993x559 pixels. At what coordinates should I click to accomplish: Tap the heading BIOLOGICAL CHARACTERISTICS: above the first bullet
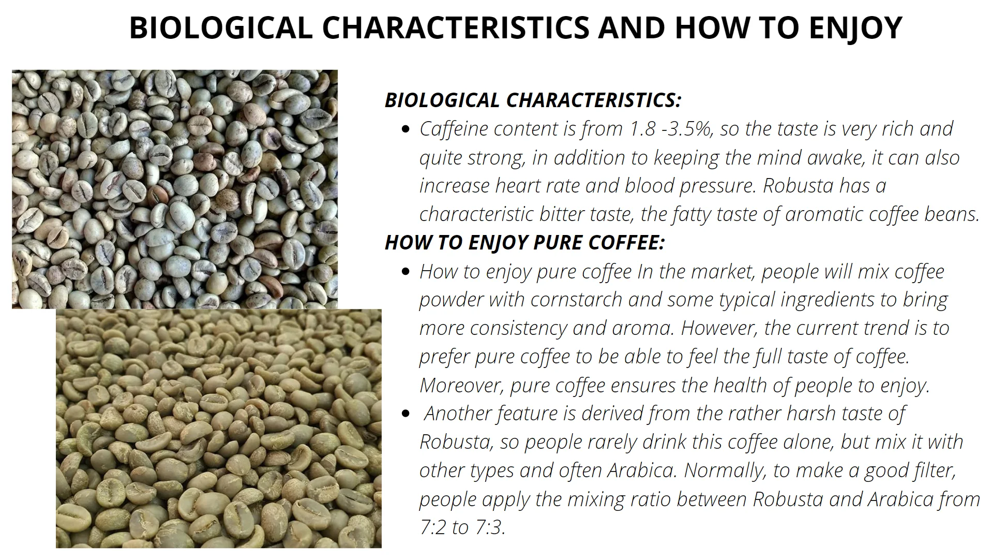point(533,100)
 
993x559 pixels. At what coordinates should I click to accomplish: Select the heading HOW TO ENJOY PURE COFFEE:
point(524,242)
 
